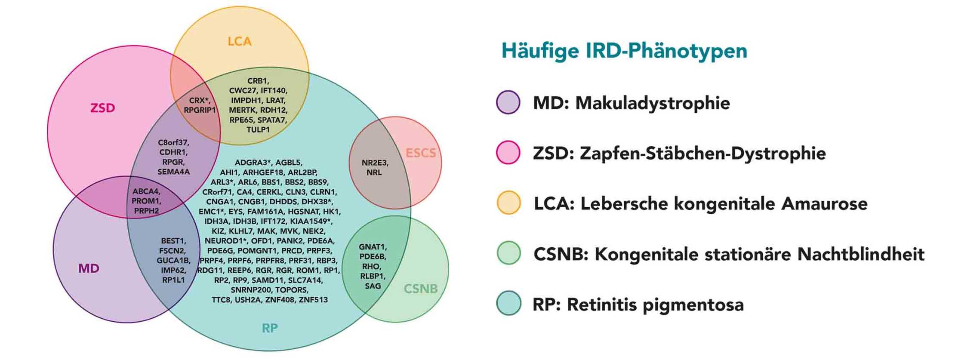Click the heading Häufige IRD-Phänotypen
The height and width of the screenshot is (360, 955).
pyautogui.click(x=624, y=51)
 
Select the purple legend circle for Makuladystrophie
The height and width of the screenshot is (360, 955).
pyautogui.click(x=508, y=102)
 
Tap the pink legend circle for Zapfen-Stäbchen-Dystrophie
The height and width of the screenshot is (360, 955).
pyautogui.click(x=508, y=153)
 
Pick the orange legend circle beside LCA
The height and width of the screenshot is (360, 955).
pyautogui.click(x=508, y=203)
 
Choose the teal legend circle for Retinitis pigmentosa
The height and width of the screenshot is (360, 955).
pyautogui.click(x=508, y=304)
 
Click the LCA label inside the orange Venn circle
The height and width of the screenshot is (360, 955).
pyautogui.click(x=239, y=41)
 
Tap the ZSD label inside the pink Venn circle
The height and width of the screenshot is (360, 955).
pyautogui.click(x=102, y=108)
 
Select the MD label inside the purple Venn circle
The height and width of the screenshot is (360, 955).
pyautogui.click(x=89, y=269)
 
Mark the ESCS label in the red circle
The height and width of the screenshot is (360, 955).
pyautogui.click(x=421, y=153)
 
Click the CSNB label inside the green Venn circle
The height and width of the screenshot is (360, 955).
pyautogui.click(x=420, y=289)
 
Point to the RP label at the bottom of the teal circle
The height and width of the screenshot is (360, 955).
pyautogui.click(x=270, y=329)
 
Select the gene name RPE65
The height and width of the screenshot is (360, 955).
pyautogui.click(x=241, y=120)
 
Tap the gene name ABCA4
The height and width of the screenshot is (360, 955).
pyautogui.click(x=146, y=191)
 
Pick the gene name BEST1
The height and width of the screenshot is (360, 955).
pyautogui.click(x=173, y=241)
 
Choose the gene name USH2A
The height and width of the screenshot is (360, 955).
pyautogui.click(x=248, y=300)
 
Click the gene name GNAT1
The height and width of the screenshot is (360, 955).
pyautogui.click(x=373, y=247)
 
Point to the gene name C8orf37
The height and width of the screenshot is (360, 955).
pyautogui.click(x=173, y=142)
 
